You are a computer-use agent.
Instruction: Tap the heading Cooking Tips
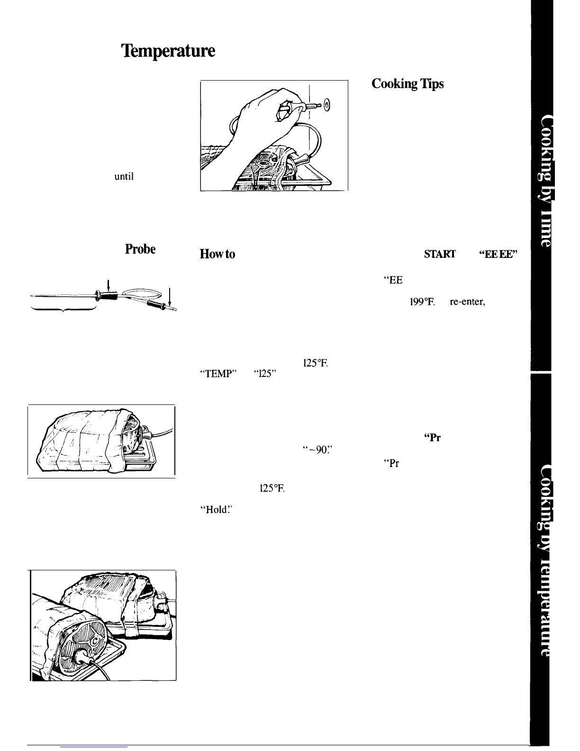(x=408, y=84)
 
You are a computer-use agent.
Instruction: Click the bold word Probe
(x=141, y=250)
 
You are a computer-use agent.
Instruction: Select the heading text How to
(x=218, y=255)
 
